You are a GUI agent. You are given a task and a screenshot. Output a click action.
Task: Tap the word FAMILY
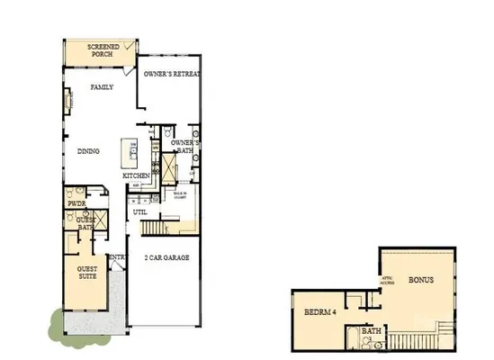102,87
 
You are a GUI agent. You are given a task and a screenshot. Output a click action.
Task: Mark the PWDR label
76,204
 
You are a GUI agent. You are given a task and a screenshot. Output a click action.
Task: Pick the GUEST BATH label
85,224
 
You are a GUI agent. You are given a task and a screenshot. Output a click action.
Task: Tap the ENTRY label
116,257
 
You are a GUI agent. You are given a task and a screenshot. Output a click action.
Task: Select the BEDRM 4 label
319,312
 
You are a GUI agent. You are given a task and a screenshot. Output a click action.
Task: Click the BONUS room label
421,280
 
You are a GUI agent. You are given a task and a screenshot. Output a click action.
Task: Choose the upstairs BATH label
371,330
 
